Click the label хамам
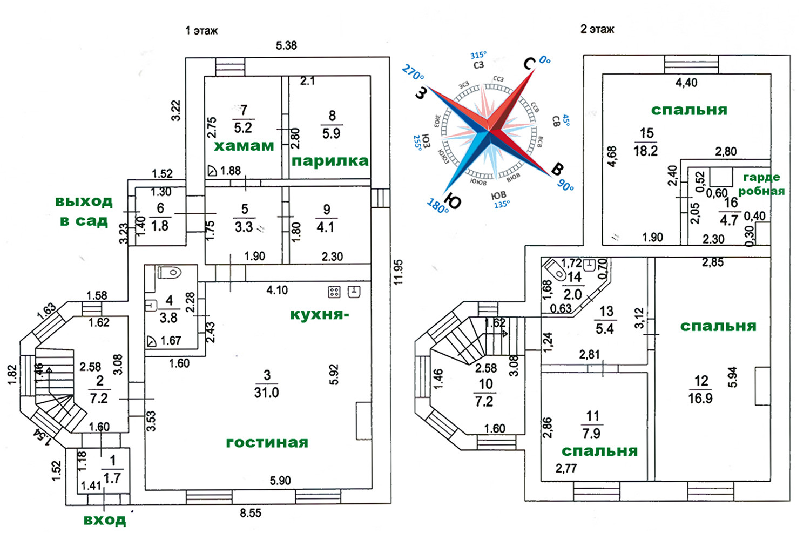[244, 146]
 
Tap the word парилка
[330, 161]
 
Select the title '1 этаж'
[201, 31]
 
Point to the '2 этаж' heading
[597, 29]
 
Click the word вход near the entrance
[105, 520]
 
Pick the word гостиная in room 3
[267, 443]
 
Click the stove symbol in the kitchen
[334, 292]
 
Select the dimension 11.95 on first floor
[399, 272]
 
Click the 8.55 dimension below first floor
[251, 513]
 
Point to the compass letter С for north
[530, 64]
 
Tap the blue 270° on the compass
[413, 73]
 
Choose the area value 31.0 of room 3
[266, 393]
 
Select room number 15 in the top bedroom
[647, 133]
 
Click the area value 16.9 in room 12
[700, 399]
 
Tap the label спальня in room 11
[599, 451]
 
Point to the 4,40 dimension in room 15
[686, 83]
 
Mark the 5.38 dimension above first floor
[286, 45]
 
